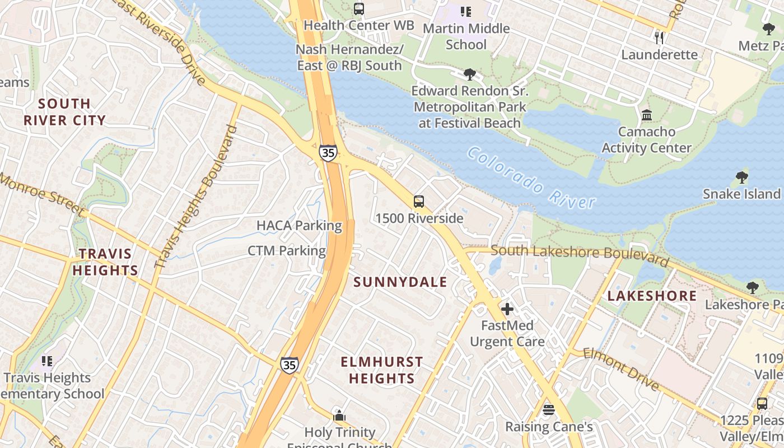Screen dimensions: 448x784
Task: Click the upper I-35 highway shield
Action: (x=329, y=152)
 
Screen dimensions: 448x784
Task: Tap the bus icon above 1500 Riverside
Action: (x=418, y=202)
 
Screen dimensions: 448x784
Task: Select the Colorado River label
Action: (x=531, y=178)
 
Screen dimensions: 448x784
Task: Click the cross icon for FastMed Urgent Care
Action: (x=507, y=309)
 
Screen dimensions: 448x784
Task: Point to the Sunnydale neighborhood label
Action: (x=400, y=282)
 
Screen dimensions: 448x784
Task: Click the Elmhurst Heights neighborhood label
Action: (x=381, y=370)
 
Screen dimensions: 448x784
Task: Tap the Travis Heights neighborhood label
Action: (x=105, y=262)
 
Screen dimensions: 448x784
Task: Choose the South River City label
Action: (x=64, y=111)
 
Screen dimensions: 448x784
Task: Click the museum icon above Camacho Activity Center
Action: (x=647, y=115)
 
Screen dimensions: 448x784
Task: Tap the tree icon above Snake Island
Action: (x=741, y=178)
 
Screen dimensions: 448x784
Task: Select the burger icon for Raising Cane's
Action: (x=548, y=410)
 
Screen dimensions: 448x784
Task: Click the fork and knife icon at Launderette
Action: (x=659, y=38)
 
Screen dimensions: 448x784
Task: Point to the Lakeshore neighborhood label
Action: (x=652, y=296)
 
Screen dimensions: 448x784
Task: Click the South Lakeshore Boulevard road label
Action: (x=580, y=254)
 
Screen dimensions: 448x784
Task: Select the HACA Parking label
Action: (x=299, y=226)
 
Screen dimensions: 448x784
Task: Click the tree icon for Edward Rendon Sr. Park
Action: (x=469, y=74)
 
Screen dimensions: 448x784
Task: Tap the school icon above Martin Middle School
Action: (x=465, y=11)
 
